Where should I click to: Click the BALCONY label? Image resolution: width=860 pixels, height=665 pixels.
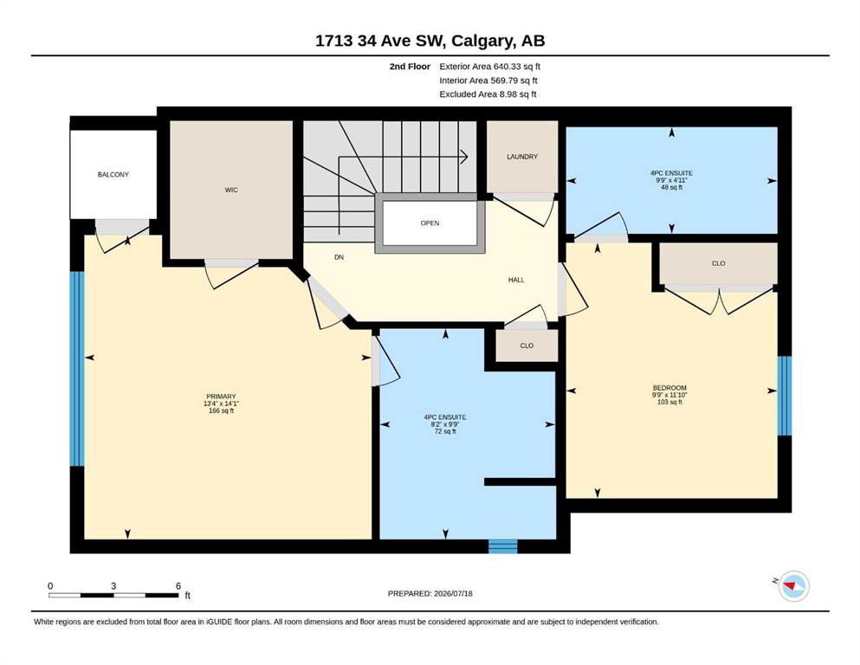pyautogui.click(x=113, y=174)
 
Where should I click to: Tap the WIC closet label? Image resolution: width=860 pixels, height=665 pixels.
pyautogui.click(x=231, y=190)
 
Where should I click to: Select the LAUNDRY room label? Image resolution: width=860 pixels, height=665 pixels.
pyautogui.click(x=522, y=157)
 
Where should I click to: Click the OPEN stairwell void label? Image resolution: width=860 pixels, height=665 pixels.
pyautogui.click(x=430, y=223)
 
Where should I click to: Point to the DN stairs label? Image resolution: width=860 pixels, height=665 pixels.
pyautogui.click(x=339, y=257)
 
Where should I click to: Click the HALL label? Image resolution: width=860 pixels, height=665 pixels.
pyautogui.click(x=516, y=280)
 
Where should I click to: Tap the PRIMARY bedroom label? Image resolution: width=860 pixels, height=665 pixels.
pyautogui.click(x=221, y=397)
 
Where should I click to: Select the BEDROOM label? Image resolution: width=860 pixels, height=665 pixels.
pyautogui.click(x=669, y=388)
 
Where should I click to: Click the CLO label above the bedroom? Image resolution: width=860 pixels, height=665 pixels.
pyautogui.click(x=719, y=264)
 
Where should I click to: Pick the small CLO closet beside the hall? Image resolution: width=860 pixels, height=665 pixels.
pyautogui.click(x=527, y=346)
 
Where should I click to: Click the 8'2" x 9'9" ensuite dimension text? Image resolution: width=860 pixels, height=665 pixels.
pyautogui.click(x=445, y=424)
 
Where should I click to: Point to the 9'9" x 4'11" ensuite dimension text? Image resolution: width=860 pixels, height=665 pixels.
pyautogui.click(x=671, y=180)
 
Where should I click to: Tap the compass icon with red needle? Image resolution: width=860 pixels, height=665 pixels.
pyautogui.click(x=793, y=586)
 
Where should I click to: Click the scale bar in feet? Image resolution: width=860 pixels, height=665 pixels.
pyautogui.click(x=113, y=595)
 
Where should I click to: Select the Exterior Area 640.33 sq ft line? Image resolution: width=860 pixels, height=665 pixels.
pyautogui.click(x=490, y=67)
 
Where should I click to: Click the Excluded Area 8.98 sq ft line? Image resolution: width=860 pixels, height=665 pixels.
pyautogui.click(x=488, y=94)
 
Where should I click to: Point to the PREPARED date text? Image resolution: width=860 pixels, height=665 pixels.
pyautogui.click(x=430, y=593)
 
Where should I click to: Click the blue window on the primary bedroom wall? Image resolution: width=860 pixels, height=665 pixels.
pyautogui.click(x=77, y=369)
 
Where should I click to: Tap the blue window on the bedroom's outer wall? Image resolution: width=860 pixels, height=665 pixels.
pyautogui.click(x=785, y=395)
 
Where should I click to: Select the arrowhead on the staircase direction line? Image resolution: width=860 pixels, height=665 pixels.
pyautogui.click(x=464, y=157)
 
